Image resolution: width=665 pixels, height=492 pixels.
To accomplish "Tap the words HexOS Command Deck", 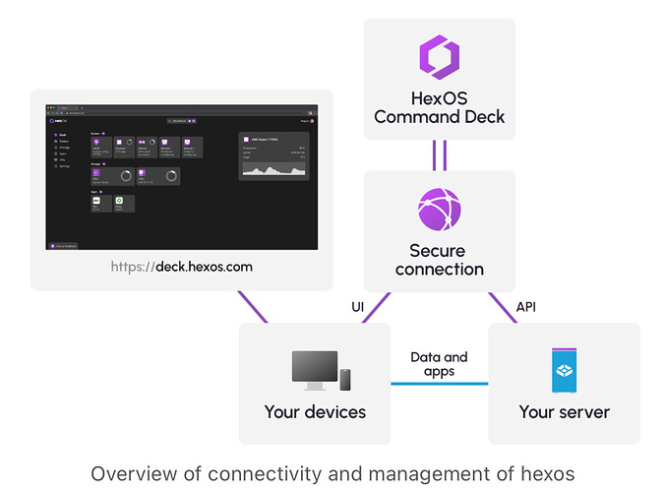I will click(x=439, y=107).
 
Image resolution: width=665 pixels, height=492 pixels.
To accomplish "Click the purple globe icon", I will click(x=439, y=209).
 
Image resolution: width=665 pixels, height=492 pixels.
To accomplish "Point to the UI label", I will click(x=358, y=308).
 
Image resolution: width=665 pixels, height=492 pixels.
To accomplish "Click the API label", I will click(x=526, y=308).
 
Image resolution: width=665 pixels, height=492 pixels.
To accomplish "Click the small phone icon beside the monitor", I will click(x=345, y=378).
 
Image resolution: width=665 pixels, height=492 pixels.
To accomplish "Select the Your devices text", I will click(x=315, y=411).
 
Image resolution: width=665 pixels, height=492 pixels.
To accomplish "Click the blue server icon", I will click(x=564, y=370).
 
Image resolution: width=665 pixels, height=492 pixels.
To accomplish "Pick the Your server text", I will click(x=564, y=411).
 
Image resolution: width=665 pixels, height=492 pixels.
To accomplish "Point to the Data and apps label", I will click(x=439, y=365).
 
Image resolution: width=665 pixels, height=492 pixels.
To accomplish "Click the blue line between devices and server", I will click(x=439, y=384).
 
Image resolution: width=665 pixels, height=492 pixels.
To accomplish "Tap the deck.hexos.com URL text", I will click(x=204, y=266).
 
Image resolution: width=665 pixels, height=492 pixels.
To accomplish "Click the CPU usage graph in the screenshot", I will click(x=275, y=169).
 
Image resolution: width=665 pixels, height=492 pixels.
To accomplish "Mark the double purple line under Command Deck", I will click(x=439, y=154).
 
